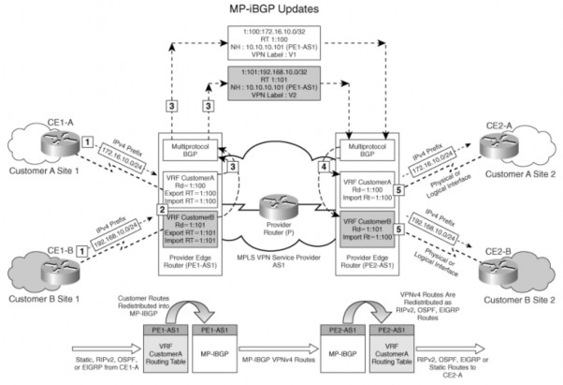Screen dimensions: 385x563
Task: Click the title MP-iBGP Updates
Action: pyautogui.click(x=281, y=8)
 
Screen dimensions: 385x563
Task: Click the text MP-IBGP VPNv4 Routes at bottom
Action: pyautogui.click(x=280, y=356)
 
